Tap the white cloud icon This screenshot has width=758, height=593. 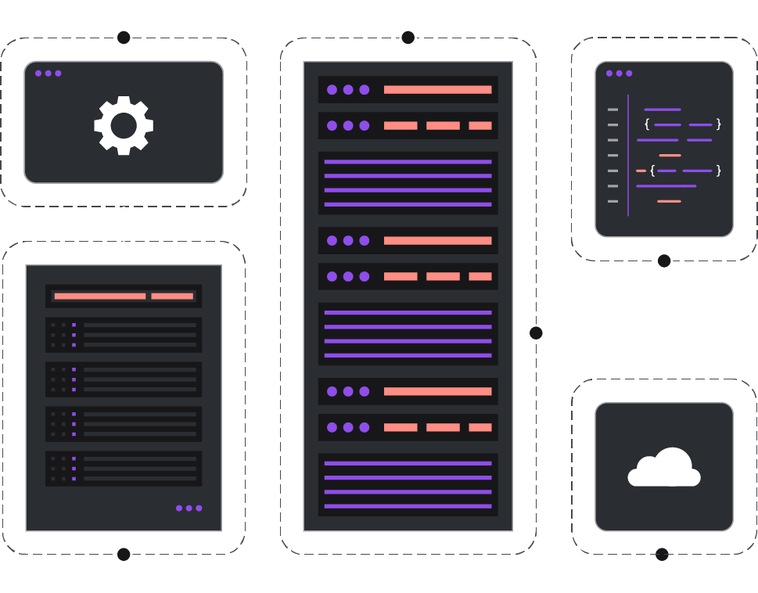click(x=663, y=468)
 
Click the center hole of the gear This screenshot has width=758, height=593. click(x=124, y=125)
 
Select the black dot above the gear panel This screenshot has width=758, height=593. click(x=124, y=38)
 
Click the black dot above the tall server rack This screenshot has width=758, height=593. click(x=408, y=38)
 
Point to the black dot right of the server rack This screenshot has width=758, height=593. click(x=536, y=333)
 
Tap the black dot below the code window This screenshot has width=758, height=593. click(x=664, y=261)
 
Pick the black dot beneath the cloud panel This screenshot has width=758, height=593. click(x=662, y=555)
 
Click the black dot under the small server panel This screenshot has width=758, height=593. click(x=124, y=555)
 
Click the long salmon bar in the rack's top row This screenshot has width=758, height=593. click(x=437, y=90)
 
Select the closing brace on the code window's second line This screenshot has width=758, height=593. click(x=718, y=124)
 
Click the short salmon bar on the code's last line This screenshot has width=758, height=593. click(x=669, y=202)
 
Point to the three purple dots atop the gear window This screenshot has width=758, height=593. click(x=48, y=74)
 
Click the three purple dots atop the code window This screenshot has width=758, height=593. click(x=619, y=74)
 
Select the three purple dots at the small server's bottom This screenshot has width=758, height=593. click(x=189, y=509)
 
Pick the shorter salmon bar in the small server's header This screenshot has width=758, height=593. click(x=172, y=296)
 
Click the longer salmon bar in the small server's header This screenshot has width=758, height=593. click(x=99, y=296)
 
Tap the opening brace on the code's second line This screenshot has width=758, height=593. click(x=647, y=124)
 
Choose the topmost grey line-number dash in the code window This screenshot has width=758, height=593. click(x=613, y=110)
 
